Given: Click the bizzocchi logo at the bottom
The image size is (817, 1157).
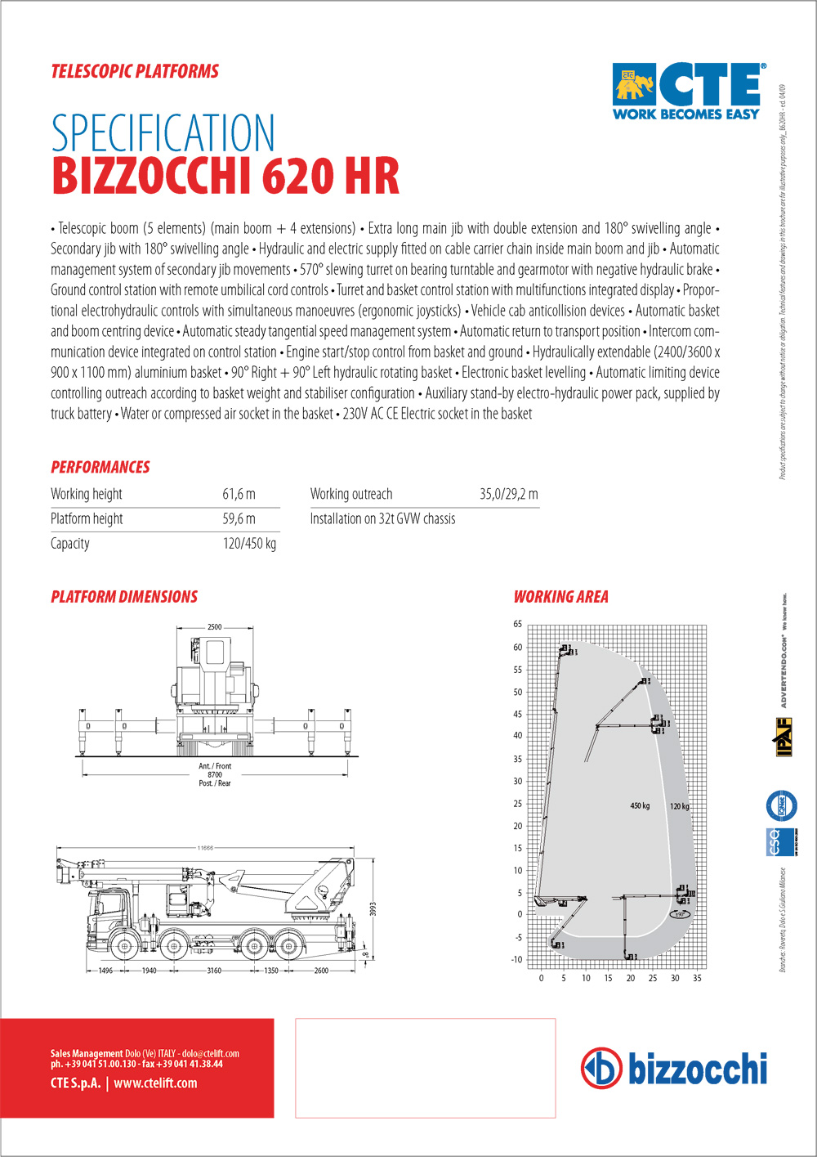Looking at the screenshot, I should (674, 1068).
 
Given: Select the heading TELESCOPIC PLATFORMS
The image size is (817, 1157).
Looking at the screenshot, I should (135, 71).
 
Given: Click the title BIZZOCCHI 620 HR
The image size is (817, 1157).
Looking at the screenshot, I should (225, 175).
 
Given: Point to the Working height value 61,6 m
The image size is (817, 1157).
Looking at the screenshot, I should (239, 494).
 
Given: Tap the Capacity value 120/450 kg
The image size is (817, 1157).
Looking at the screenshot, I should (249, 544).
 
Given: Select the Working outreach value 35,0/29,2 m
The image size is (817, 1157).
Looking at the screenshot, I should (508, 494).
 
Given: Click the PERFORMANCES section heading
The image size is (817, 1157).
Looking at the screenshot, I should (100, 467).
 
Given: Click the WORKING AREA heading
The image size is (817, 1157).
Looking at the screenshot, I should (560, 597).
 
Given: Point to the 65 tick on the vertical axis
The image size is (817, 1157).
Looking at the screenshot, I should (517, 624).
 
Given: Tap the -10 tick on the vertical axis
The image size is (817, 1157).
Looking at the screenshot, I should (516, 960).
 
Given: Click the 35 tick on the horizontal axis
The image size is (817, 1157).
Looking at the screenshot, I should (697, 978).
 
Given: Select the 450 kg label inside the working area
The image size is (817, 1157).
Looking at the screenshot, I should (640, 806).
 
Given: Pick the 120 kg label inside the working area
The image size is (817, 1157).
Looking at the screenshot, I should (680, 806).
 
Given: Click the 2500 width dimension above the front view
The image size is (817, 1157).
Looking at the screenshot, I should (214, 627).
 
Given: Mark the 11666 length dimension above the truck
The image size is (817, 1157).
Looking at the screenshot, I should (204, 848).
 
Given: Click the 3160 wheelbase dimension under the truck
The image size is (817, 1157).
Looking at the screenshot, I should (214, 971).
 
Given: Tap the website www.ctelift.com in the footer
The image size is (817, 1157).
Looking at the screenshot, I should (155, 1083).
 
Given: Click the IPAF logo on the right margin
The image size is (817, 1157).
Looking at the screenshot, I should (784, 737).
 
